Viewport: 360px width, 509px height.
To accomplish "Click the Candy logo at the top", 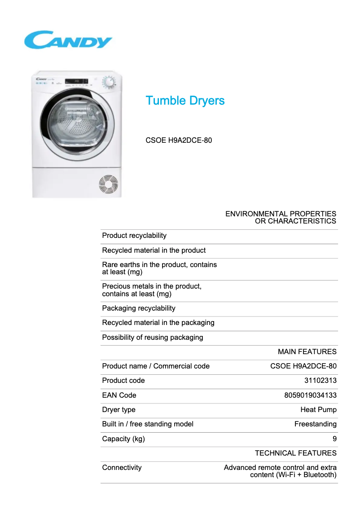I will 68,40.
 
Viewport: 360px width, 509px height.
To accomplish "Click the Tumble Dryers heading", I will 185,101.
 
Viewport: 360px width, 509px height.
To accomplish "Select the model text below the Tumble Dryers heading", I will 179,140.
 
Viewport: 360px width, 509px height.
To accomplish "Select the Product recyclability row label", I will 134,236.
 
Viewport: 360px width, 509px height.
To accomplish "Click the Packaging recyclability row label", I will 139,308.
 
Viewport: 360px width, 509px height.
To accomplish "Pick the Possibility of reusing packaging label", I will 153,338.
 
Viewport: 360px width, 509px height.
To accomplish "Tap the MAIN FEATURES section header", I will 307,352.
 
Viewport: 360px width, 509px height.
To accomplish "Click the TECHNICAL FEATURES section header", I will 295,453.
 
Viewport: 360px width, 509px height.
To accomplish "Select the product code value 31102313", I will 320,381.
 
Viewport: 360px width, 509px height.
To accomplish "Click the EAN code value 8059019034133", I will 310,395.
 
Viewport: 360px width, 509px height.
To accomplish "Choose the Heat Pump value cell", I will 318,410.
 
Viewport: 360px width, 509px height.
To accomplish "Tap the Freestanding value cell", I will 315,424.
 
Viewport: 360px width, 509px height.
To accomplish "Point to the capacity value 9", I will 334,439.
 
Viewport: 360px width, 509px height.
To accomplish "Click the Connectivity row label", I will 122,468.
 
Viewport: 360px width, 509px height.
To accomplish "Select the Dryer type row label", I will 119,410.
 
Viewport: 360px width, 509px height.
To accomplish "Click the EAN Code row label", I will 119,395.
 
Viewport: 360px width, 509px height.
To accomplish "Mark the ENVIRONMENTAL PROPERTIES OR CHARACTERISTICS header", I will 281,218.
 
